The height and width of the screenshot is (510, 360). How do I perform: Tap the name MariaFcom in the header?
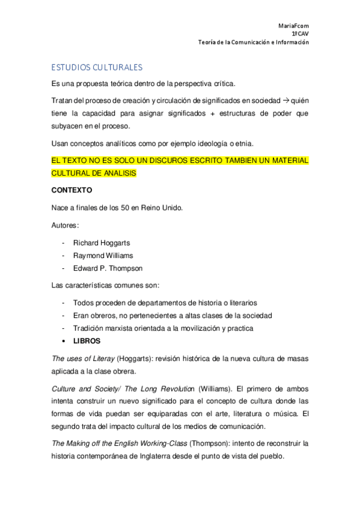(294, 26)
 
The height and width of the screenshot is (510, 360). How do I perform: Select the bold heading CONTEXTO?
(72, 190)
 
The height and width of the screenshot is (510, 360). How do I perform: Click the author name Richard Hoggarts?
(102, 243)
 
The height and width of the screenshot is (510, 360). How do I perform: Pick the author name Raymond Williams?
(103, 256)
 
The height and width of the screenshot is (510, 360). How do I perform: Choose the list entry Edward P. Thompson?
(108, 268)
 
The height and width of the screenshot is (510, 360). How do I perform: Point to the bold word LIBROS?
(87, 340)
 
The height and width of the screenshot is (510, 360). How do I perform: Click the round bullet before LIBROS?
(64, 340)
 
